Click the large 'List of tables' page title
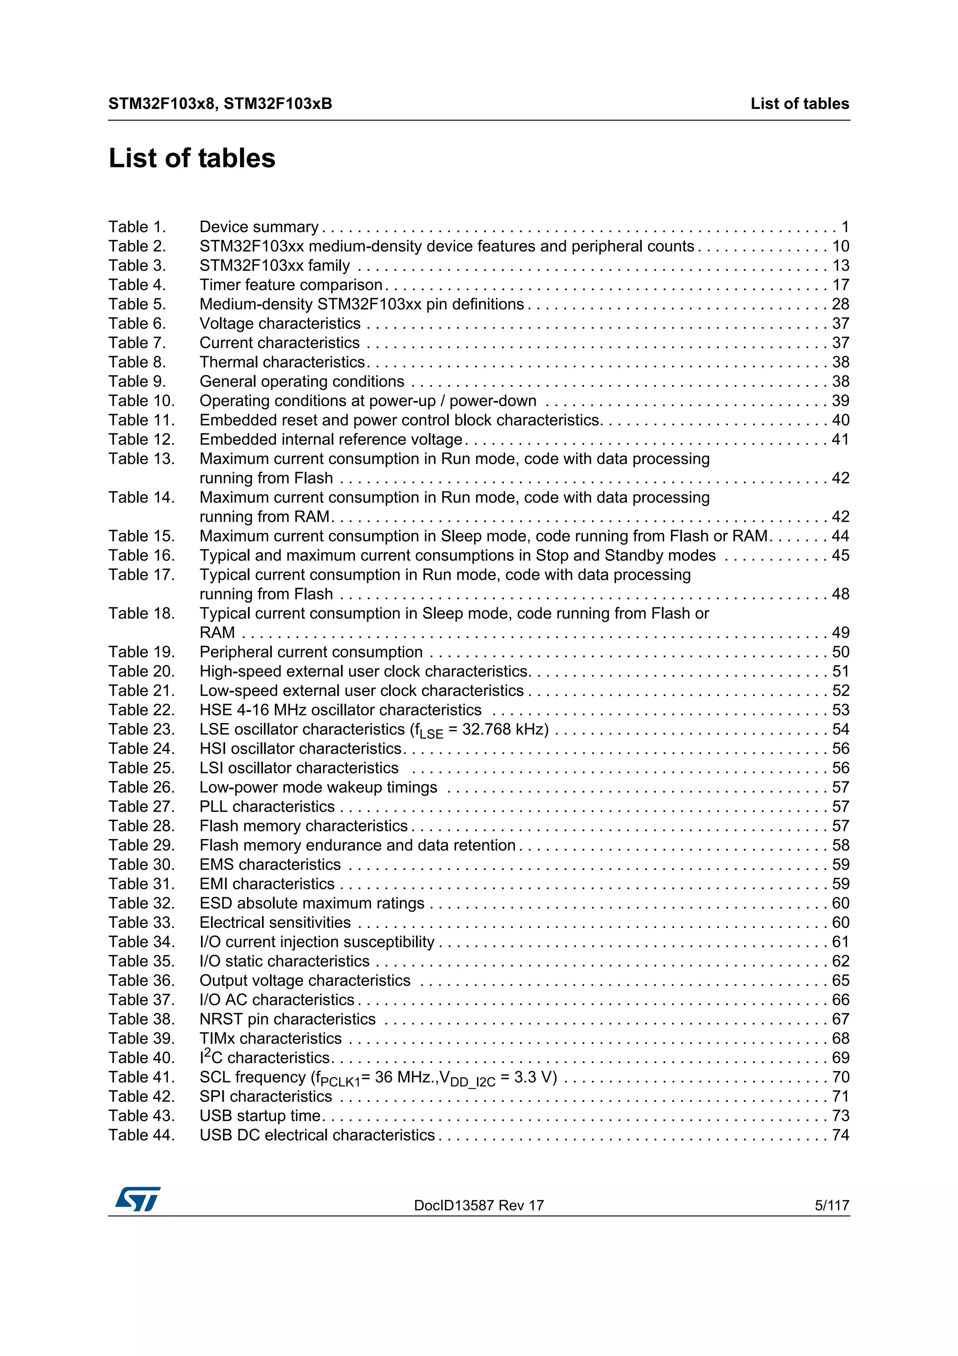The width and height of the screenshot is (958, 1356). pyautogui.click(x=192, y=158)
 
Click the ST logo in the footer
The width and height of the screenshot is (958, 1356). pyautogui.click(x=138, y=1198)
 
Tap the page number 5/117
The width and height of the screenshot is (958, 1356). pyautogui.click(x=831, y=1205)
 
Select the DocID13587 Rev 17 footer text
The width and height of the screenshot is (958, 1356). pyautogui.click(x=479, y=1205)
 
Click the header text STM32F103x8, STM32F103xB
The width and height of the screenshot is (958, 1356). pyautogui.click(x=220, y=104)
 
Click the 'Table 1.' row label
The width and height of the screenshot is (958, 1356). pyautogui.click(x=137, y=227)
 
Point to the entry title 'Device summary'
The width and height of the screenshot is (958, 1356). pyautogui.click(x=259, y=227)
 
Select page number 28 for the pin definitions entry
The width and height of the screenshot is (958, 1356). pyautogui.click(x=840, y=304)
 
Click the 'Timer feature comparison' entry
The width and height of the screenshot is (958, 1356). pyautogui.click(x=291, y=284)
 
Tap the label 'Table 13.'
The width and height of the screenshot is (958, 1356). pyautogui.click(x=142, y=459)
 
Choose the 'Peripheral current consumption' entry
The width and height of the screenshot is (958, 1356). pyautogui.click(x=311, y=652)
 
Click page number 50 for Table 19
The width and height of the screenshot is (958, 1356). pyautogui.click(x=840, y=652)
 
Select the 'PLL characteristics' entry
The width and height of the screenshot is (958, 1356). pyautogui.click(x=267, y=807)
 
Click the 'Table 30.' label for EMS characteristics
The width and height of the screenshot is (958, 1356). pyautogui.click(x=142, y=865)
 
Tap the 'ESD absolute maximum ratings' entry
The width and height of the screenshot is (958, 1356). pyautogui.click(x=312, y=903)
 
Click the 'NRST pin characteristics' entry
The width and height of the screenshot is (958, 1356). pyautogui.click(x=288, y=1020)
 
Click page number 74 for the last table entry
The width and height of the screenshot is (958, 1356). pyautogui.click(x=840, y=1135)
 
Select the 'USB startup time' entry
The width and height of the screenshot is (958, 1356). pyautogui.click(x=260, y=1115)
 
